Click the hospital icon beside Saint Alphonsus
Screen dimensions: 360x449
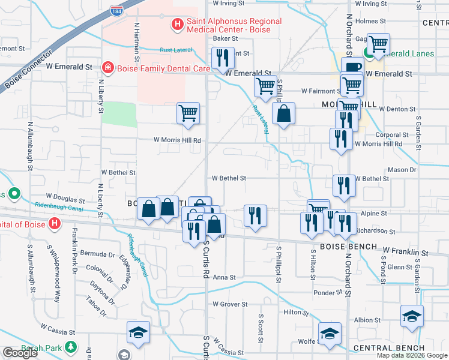178,25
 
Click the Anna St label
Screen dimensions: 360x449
224,277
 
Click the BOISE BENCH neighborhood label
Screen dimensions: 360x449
348,247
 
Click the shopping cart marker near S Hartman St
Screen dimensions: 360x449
188,113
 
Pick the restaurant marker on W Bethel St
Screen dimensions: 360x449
344,185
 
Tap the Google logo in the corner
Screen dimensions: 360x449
20,353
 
